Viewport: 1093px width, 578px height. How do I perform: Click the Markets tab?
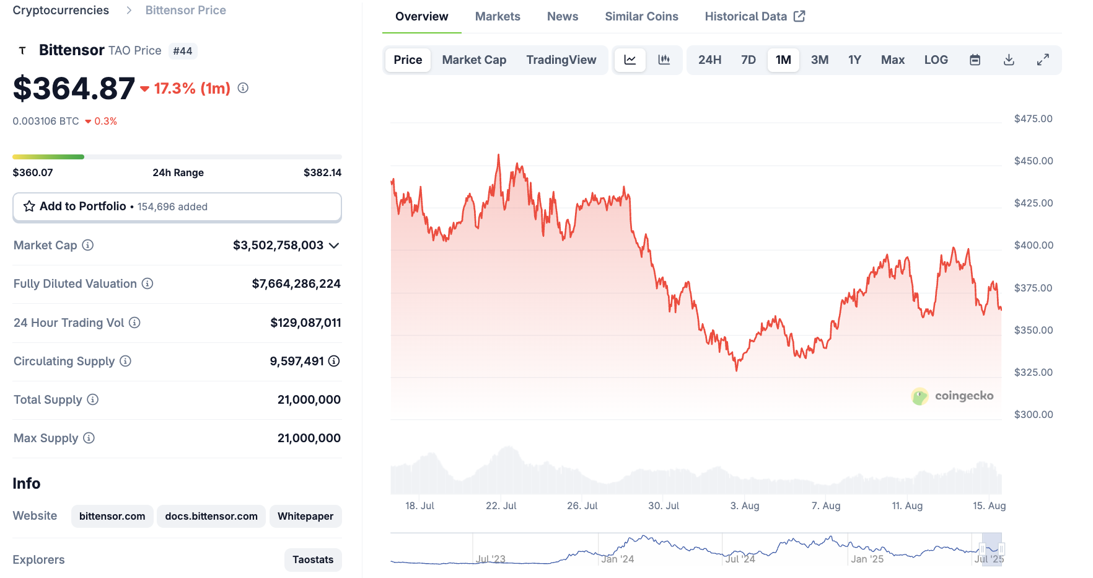coord(497,17)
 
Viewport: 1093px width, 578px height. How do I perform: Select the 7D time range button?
coord(748,60)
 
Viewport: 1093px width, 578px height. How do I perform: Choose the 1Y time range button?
coord(854,60)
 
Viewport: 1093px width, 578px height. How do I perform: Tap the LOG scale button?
coord(936,60)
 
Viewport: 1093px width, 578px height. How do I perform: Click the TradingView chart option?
coord(561,60)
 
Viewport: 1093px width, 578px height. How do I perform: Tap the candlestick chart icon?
coord(664,60)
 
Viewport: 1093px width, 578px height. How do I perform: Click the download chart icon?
coord(1009,60)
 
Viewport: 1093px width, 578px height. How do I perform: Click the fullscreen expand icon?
coord(1043,60)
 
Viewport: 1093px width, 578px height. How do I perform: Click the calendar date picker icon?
coord(975,60)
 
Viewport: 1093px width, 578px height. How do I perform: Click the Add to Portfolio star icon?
coord(29,207)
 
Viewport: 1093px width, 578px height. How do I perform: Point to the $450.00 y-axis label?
coord(1033,161)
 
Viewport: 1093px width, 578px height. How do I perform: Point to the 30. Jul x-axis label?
coord(663,506)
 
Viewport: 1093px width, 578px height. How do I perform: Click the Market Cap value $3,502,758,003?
coord(278,246)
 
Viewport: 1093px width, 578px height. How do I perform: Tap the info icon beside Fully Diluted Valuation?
coord(147,284)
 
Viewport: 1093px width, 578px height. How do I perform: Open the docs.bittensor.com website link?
coord(211,517)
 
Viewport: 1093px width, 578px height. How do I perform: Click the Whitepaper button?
coord(305,517)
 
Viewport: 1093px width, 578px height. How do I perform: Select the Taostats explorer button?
coord(312,560)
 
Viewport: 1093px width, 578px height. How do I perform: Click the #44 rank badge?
coord(182,51)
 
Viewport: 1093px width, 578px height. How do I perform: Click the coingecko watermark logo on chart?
coord(952,396)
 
